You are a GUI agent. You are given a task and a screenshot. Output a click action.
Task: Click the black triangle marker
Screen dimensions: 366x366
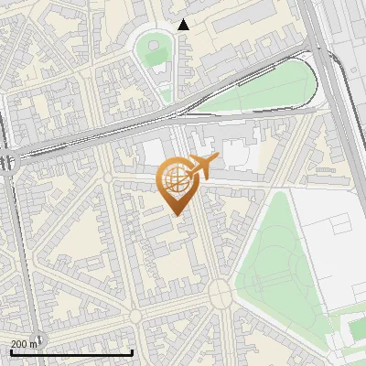pyautogui.click(x=184, y=25)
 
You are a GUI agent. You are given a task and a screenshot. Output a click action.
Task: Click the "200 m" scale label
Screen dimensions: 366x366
pyautogui.click(x=25, y=343)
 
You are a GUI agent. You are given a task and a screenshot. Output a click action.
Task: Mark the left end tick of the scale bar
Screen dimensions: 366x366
pyautogui.click(x=11, y=351)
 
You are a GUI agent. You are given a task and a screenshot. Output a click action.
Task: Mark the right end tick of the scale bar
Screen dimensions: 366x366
pyautogui.click(x=133, y=351)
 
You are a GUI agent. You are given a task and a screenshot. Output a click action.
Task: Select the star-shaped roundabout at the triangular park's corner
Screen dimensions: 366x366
pyautogui.click(x=220, y=293)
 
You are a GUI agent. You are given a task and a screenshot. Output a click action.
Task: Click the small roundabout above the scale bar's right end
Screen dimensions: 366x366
pyautogui.click(x=136, y=317)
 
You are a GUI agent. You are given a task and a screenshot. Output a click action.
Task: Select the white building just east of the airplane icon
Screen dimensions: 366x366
pyautogui.click(x=235, y=154)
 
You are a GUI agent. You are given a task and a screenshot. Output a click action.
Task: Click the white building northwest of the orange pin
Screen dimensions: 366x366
pyautogui.click(x=154, y=153)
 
